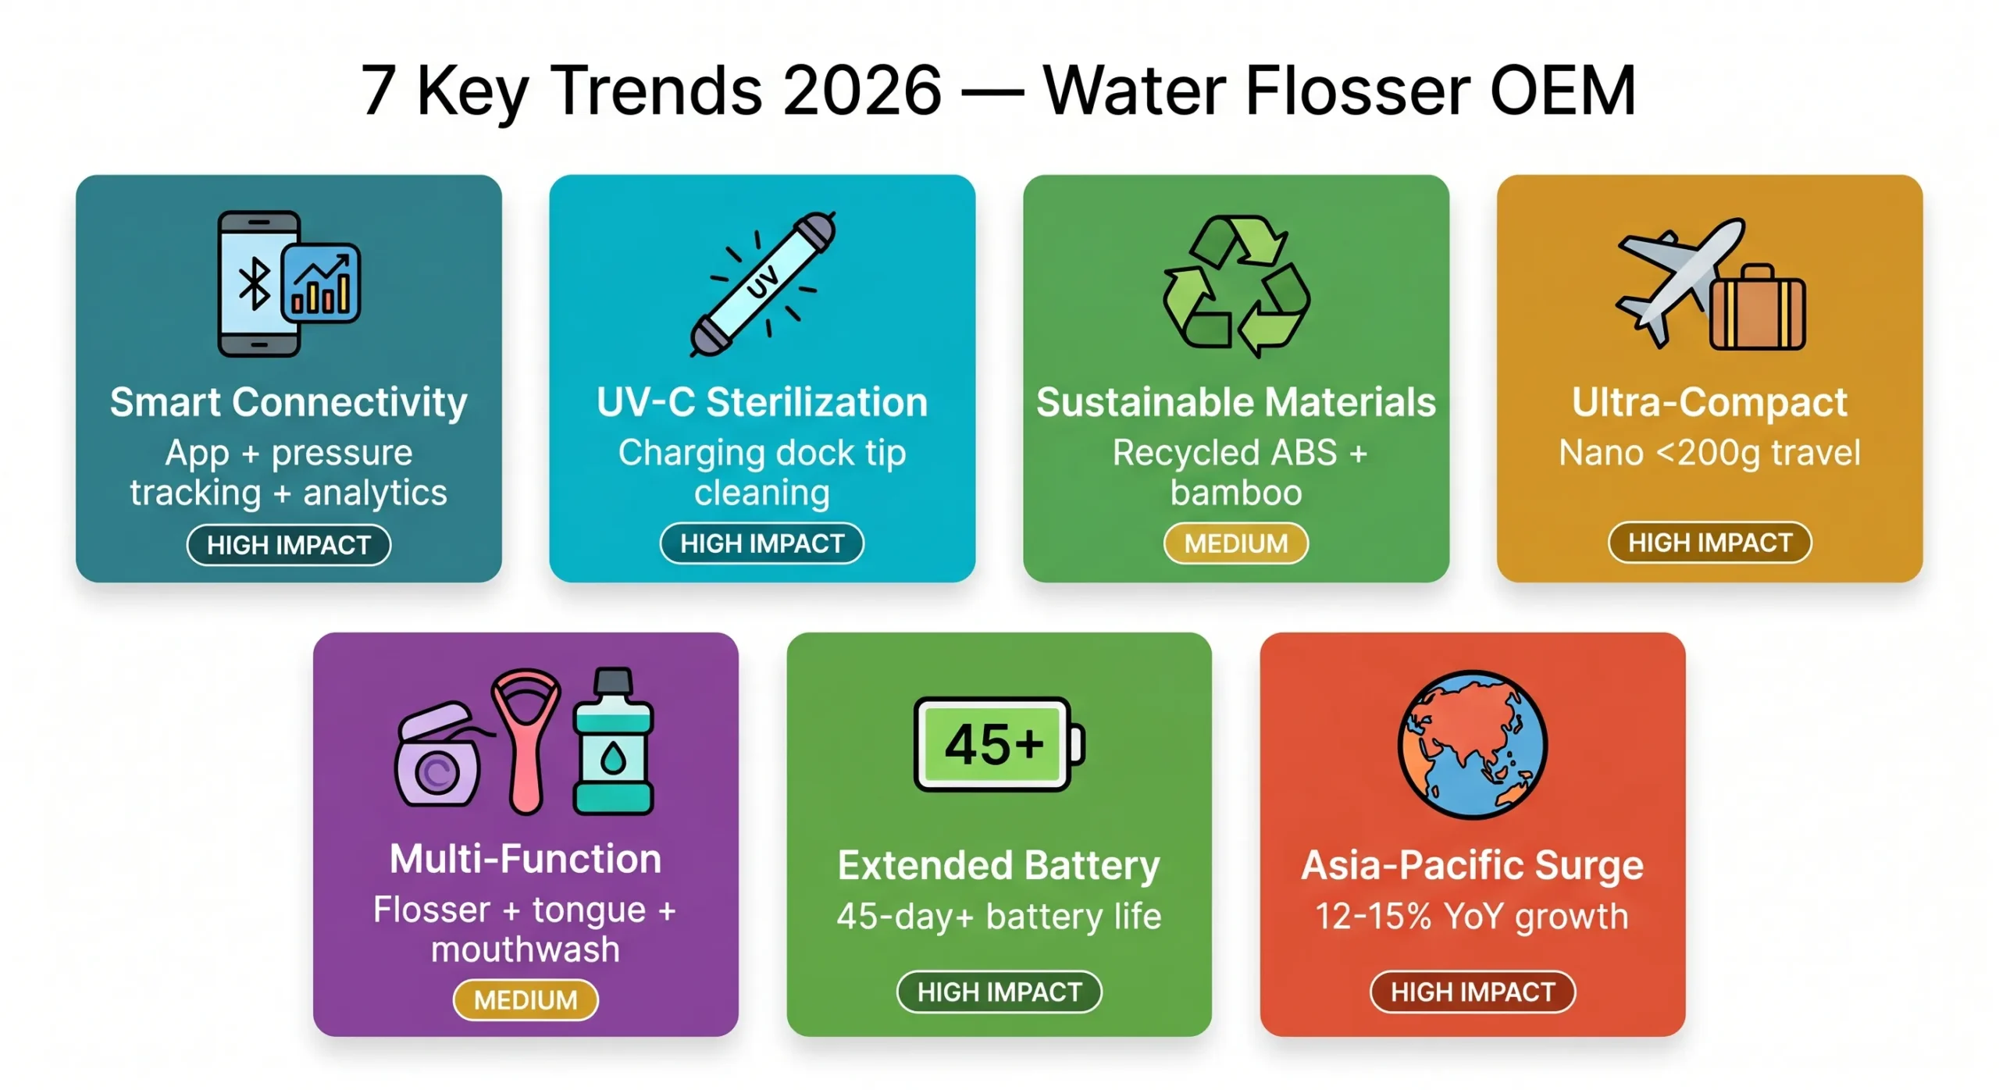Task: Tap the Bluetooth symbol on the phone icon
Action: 254,284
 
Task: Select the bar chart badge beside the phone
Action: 321,283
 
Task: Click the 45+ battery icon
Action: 998,743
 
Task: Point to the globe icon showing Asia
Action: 1473,744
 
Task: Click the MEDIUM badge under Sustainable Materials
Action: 1235,543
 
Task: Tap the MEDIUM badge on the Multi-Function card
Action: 526,999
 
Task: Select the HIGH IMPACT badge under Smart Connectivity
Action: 288,544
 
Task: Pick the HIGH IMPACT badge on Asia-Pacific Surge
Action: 1473,992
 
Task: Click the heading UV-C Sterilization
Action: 762,403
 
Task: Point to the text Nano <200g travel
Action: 1709,453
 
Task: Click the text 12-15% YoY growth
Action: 1472,917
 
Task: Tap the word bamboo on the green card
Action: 1236,493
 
